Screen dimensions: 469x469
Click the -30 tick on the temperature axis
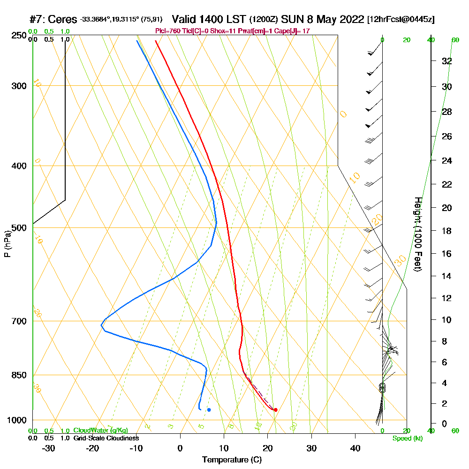[x=49, y=448]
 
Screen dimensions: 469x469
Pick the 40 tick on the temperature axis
[x=355, y=448]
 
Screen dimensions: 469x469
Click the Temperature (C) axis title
[x=232, y=460]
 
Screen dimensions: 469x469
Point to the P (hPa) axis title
[x=7, y=244]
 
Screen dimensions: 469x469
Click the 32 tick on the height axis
[x=446, y=61]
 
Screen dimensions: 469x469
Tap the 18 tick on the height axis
[x=446, y=231]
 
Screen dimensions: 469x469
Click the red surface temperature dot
[x=275, y=410]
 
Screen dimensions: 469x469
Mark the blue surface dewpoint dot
[x=209, y=410]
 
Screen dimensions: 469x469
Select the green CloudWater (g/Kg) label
[x=100, y=431]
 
